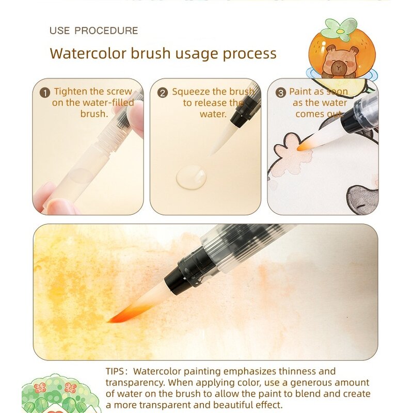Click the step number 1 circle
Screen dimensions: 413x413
tap(45, 93)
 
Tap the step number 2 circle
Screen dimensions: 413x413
tap(163, 93)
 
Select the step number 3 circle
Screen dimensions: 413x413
tap(281, 93)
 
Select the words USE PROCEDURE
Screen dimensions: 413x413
tap(93, 31)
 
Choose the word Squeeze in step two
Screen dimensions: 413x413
tap(192, 92)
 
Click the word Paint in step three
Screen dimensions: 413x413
tap(300, 92)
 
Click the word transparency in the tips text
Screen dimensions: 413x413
tap(134, 383)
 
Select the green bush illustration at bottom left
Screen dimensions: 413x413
tap(54, 395)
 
